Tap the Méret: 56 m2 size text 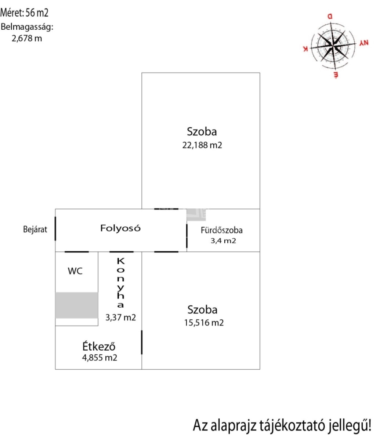(x=25, y=13)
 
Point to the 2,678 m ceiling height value (x=27, y=38)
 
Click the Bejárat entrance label (x=35, y=230)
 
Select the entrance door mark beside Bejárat (x=55, y=228)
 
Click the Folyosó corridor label (x=120, y=228)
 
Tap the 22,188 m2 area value (x=202, y=145)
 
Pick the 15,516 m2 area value (x=203, y=323)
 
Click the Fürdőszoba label (x=221, y=231)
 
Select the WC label (x=75, y=271)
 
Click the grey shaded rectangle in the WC (x=77, y=305)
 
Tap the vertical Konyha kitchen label (x=120, y=282)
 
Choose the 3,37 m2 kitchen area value (x=120, y=317)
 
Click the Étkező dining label (x=99, y=346)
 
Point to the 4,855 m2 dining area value (x=100, y=358)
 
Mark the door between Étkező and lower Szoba (x=142, y=342)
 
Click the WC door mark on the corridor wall (x=77, y=252)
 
